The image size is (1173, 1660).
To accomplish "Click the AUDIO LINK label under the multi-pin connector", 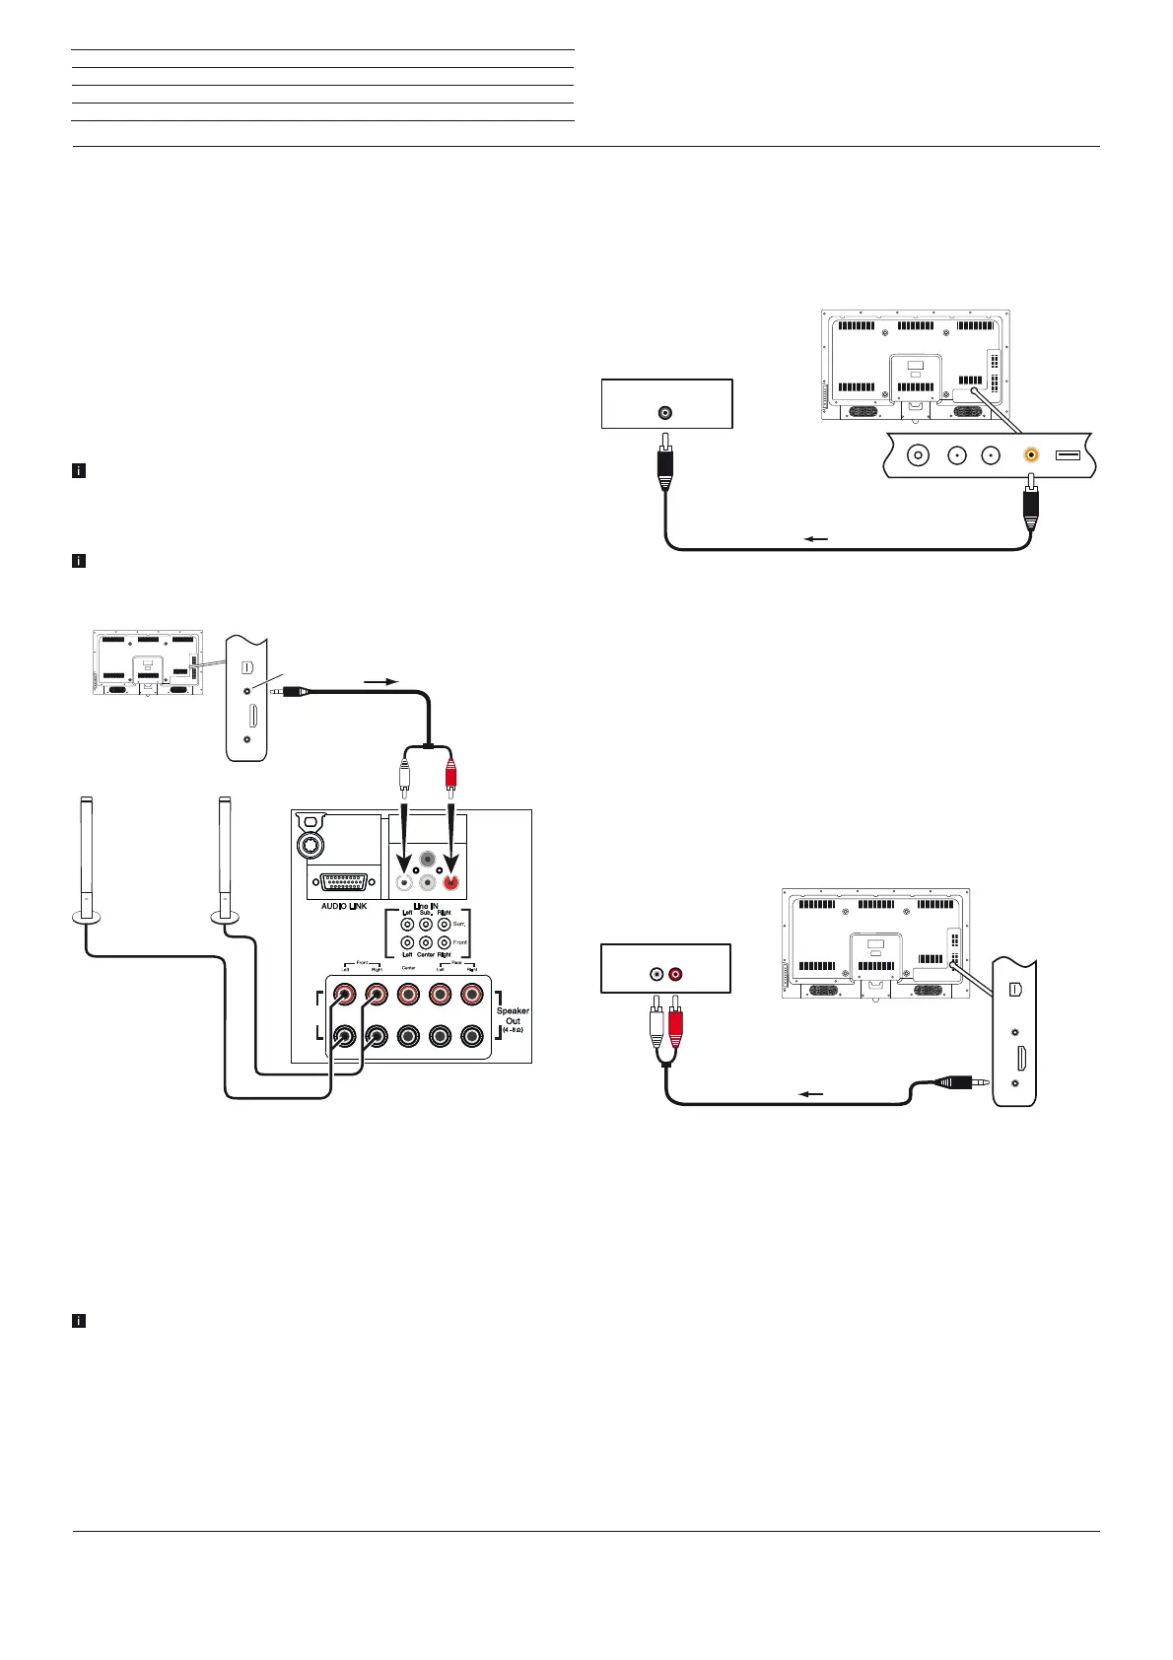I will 344,905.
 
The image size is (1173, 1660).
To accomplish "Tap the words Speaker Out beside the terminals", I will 513,1015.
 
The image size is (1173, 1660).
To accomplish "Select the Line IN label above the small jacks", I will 426,905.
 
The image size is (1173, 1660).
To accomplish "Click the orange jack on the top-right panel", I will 1031,455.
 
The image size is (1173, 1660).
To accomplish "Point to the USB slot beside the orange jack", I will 1068,455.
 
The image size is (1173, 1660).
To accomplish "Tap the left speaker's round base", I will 87,919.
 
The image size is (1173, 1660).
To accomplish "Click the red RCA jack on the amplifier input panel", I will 450,883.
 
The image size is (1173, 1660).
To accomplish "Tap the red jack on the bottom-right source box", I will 676,975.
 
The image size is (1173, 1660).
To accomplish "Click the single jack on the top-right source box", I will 667,413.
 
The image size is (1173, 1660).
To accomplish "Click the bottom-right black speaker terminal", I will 472,1037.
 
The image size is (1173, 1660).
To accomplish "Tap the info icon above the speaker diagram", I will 79,562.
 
